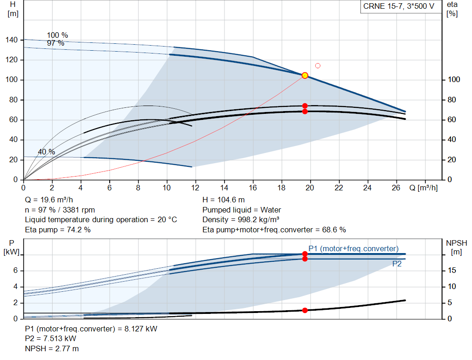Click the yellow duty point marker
[305, 75]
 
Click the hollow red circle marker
[318, 65]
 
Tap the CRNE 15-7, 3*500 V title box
[399, 6]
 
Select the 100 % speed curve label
[58, 35]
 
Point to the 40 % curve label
[47, 152]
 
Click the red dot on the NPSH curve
[305, 310]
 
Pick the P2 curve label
[397, 264]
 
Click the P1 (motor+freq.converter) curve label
[354, 248]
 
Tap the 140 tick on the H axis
[12, 40]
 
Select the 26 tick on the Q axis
[396, 188]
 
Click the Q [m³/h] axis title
[423, 188]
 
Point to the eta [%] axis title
[452, 9]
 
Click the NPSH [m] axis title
[457, 248]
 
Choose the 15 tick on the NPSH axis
[452, 270]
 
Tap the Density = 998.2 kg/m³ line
[241, 220]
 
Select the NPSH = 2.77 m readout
[52, 348]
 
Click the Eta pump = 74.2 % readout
[58, 230]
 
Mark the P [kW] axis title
[12, 248]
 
